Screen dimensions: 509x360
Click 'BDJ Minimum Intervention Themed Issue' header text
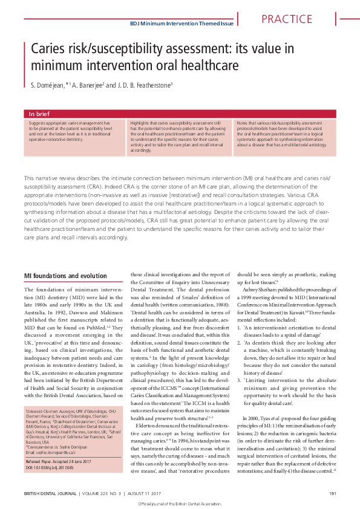click(182, 24)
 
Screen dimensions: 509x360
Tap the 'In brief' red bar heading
click(40, 114)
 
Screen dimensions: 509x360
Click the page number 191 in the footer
click(332, 493)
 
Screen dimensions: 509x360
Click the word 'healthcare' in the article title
click(202, 64)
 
